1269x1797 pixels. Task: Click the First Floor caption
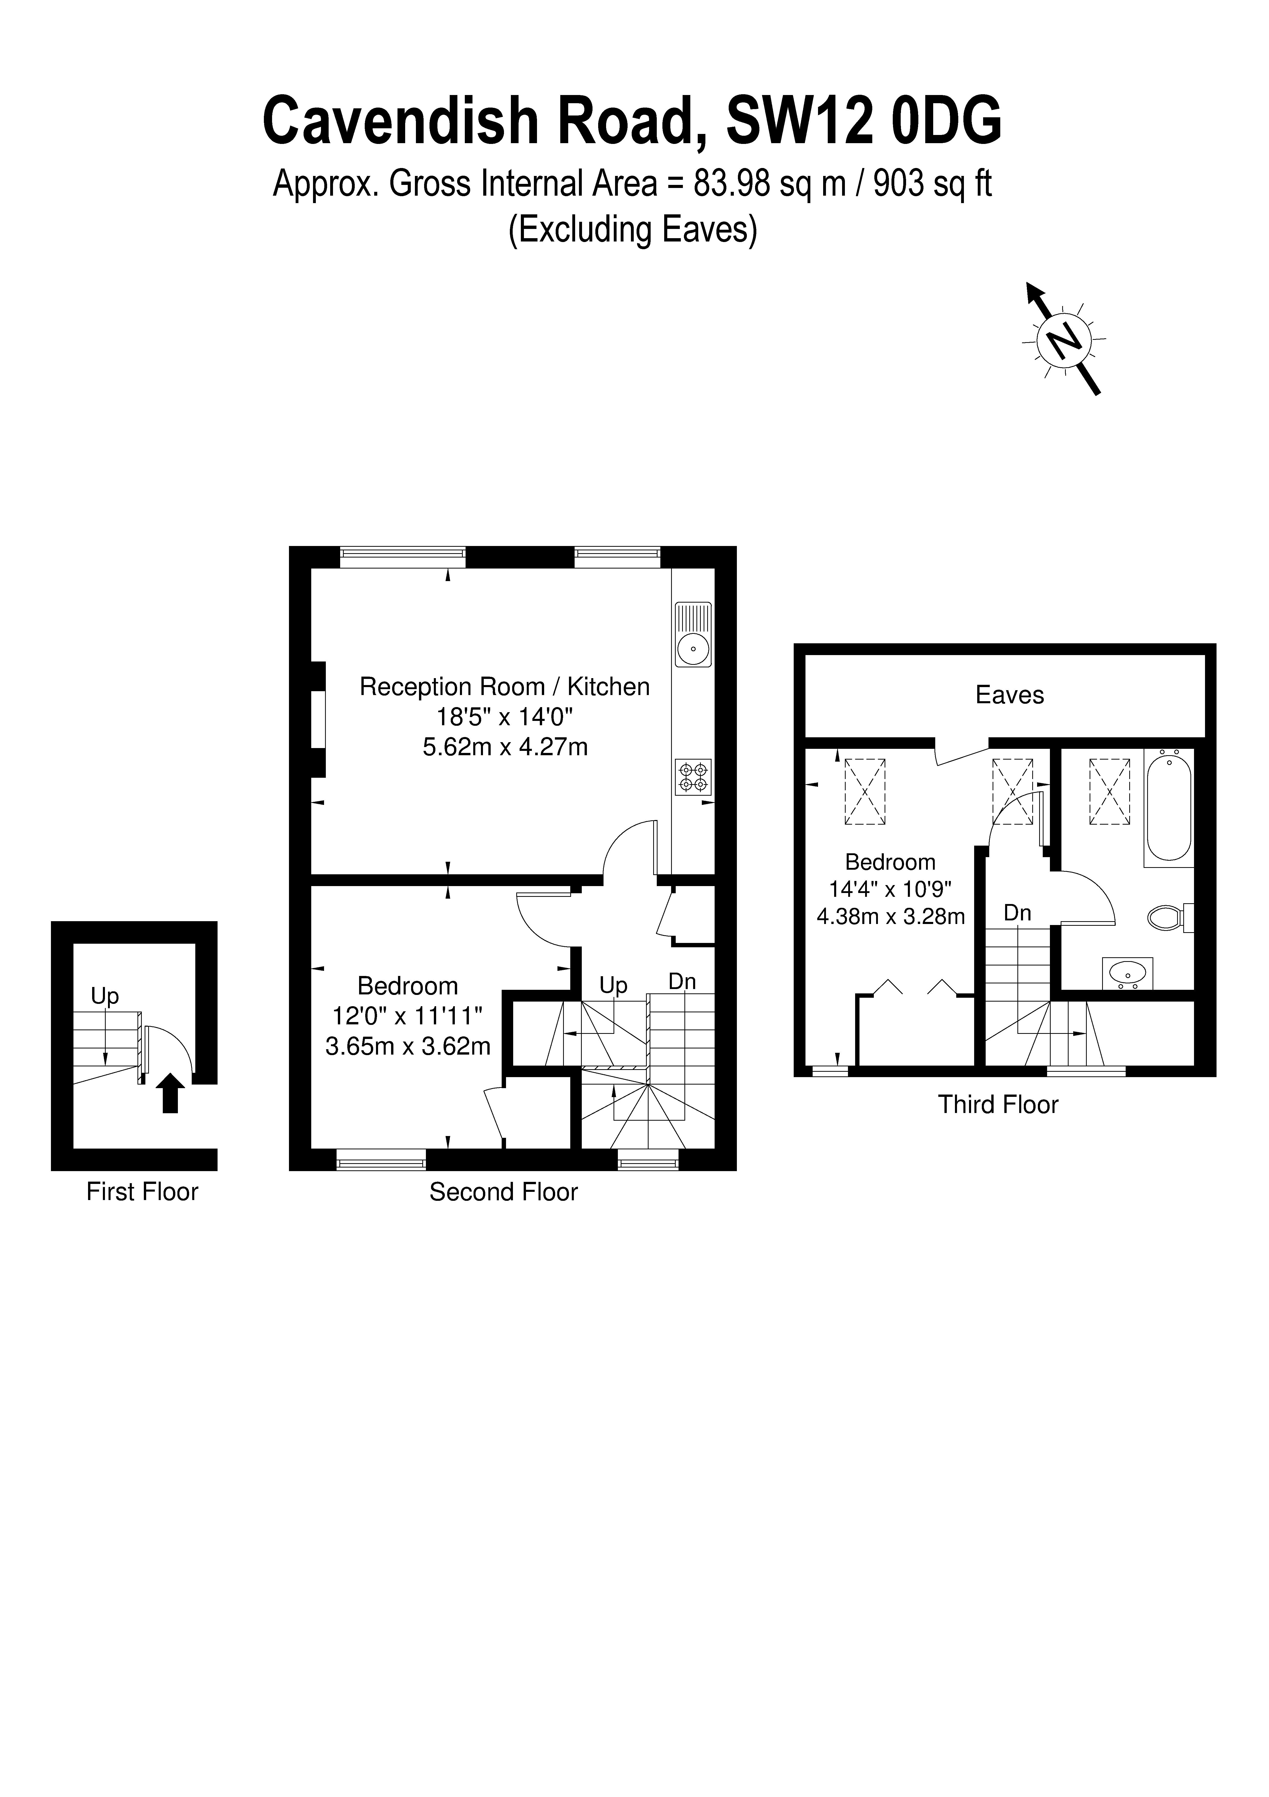point(142,1191)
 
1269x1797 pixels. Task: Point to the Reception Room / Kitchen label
point(505,686)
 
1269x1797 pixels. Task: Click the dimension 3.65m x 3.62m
point(408,1046)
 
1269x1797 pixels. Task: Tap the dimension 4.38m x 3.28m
point(890,916)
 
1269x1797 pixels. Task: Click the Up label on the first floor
point(105,995)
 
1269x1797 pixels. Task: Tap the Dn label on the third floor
point(1017,913)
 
